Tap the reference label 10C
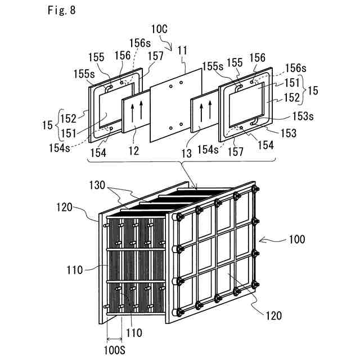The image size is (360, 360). tap(158, 28)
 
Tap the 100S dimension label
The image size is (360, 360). tap(115, 350)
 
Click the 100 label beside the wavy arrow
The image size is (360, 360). tap(298, 239)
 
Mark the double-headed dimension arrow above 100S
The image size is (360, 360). tap(115, 339)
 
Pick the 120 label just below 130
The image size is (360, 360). tap(79, 207)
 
